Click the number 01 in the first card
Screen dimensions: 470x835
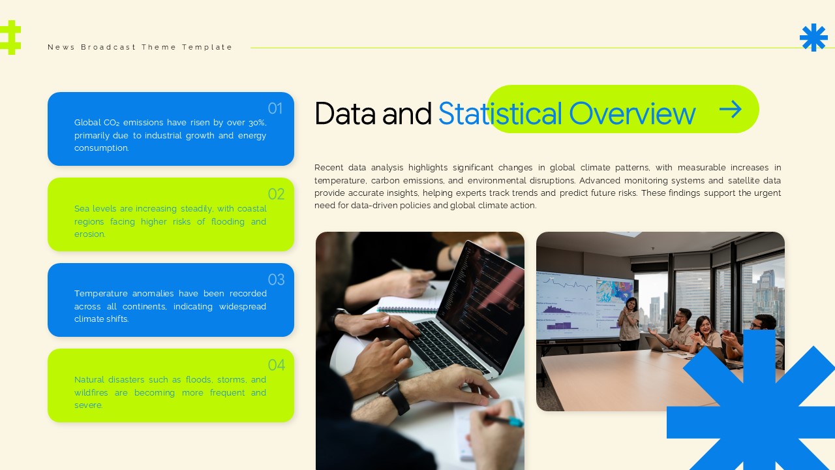pos(275,108)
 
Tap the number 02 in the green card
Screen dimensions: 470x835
pos(276,194)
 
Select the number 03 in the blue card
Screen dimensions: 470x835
pos(276,279)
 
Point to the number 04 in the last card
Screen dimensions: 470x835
pos(276,365)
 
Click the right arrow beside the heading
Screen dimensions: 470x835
pos(731,109)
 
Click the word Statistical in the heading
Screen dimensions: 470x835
pos(500,113)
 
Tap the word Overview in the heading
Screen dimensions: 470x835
pos(631,113)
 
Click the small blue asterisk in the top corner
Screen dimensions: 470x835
pos(813,38)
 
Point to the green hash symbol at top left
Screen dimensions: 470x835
pos(10,37)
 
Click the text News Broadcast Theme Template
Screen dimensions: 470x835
pos(140,47)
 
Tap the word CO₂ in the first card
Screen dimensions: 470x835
pos(111,123)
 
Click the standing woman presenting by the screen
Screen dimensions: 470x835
pos(630,322)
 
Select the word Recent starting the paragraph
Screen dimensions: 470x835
pos(329,168)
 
